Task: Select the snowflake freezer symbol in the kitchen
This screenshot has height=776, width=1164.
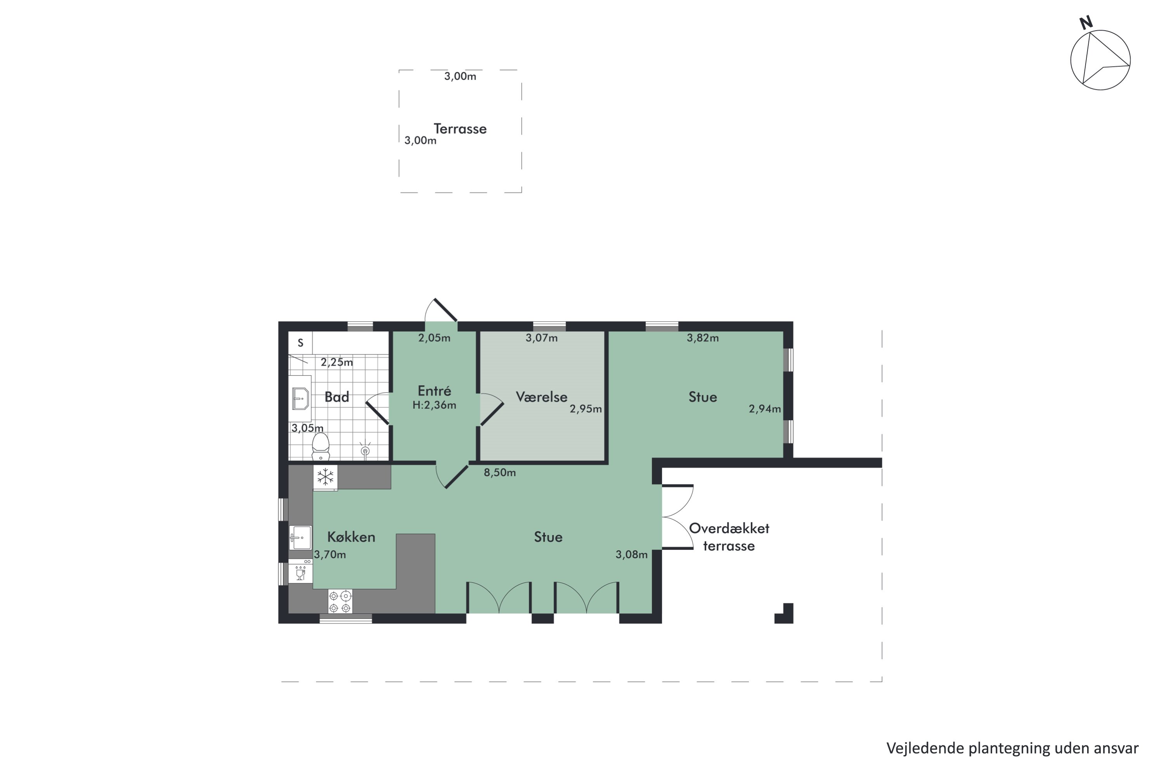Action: pyautogui.click(x=325, y=477)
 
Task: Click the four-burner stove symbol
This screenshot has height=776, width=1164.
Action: pyautogui.click(x=340, y=602)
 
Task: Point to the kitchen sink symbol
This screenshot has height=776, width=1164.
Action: pyautogui.click(x=300, y=537)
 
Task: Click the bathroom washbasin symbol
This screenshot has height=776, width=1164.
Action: pyautogui.click(x=300, y=399)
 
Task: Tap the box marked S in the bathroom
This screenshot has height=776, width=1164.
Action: pyautogui.click(x=300, y=343)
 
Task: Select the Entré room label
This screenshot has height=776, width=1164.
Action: pyautogui.click(x=434, y=391)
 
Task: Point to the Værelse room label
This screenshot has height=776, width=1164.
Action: pyautogui.click(x=541, y=397)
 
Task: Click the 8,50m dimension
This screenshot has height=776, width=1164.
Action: pyautogui.click(x=499, y=473)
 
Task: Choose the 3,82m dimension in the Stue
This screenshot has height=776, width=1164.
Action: pyautogui.click(x=702, y=338)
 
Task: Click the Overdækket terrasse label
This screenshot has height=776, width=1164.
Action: pyautogui.click(x=729, y=537)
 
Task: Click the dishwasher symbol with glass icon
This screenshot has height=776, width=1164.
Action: pyautogui.click(x=300, y=573)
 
